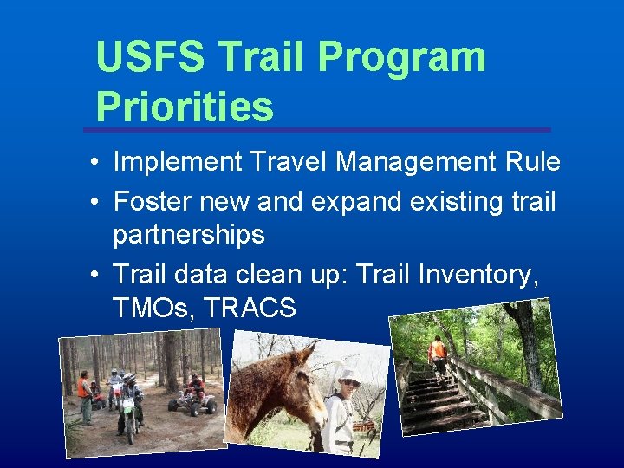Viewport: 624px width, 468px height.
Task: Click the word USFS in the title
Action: click(149, 57)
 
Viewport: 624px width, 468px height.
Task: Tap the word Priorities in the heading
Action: click(185, 107)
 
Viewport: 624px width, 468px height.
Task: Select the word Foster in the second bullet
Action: click(153, 202)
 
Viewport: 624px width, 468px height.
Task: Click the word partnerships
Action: click(188, 235)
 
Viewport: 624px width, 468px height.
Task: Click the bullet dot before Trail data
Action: click(93, 276)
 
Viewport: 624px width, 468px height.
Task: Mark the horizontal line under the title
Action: click(316, 130)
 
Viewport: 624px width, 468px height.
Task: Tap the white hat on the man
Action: click(349, 377)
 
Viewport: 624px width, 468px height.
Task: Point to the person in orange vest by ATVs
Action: click(84, 394)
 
